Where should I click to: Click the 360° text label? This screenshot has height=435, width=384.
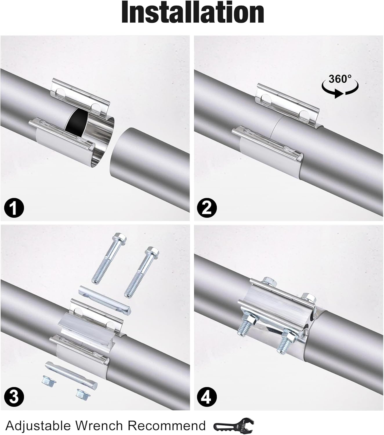pos(340,79)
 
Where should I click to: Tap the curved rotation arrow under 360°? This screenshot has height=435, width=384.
pos(340,91)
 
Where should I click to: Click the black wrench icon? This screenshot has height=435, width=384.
pos(233,425)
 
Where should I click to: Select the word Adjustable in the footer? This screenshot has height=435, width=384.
pos(38,425)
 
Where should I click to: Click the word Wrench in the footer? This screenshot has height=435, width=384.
pos(99,425)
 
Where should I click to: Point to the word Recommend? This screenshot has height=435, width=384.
pos(167,425)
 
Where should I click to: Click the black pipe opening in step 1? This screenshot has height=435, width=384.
pos(77,122)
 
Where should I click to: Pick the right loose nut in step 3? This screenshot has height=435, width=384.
pos(83,393)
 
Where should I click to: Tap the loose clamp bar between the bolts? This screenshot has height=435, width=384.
pos(104,300)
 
